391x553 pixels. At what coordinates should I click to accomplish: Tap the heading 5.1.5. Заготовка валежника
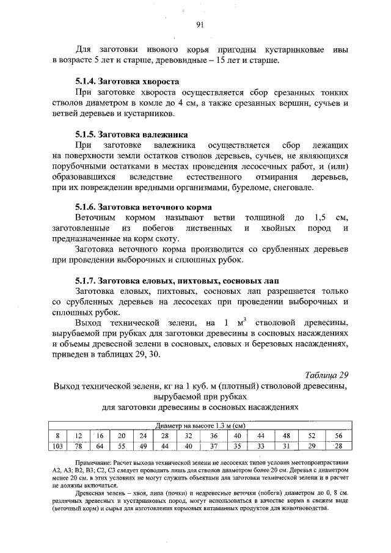(131, 134)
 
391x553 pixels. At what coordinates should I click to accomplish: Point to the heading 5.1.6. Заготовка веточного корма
(143, 207)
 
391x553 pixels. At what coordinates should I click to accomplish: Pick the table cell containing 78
(78, 446)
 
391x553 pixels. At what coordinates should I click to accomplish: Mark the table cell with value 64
(100, 446)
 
